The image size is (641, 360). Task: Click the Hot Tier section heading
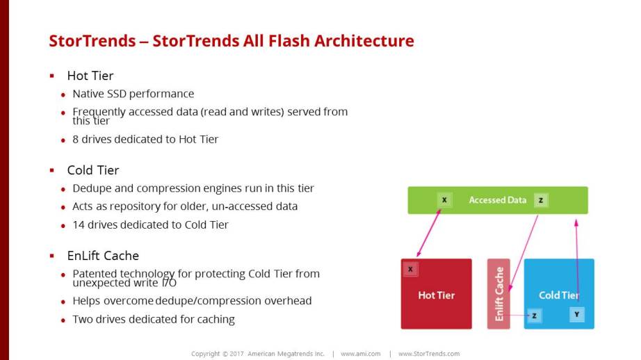(90, 76)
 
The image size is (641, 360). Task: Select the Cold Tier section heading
(93, 170)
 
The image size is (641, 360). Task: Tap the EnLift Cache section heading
(103, 256)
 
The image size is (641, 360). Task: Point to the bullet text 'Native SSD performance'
(133, 94)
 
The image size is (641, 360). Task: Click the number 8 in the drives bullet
(76, 140)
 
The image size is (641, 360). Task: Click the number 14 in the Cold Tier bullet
(78, 225)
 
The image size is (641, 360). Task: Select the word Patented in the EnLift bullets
(95, 274)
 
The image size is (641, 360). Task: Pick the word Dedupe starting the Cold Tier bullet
(91, 188)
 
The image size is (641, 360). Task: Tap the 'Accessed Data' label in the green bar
(498, 200)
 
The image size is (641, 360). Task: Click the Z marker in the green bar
(541, 200)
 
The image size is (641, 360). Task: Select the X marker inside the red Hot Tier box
(410, 270)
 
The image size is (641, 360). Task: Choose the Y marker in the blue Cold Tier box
(577, 315)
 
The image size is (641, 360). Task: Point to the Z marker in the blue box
(534, 316)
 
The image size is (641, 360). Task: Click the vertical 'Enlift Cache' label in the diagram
(499, 294)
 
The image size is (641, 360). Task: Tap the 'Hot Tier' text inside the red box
(437, 295)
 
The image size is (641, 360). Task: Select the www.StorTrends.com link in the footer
(428, 354)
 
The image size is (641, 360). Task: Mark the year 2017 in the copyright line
(236, 354)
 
